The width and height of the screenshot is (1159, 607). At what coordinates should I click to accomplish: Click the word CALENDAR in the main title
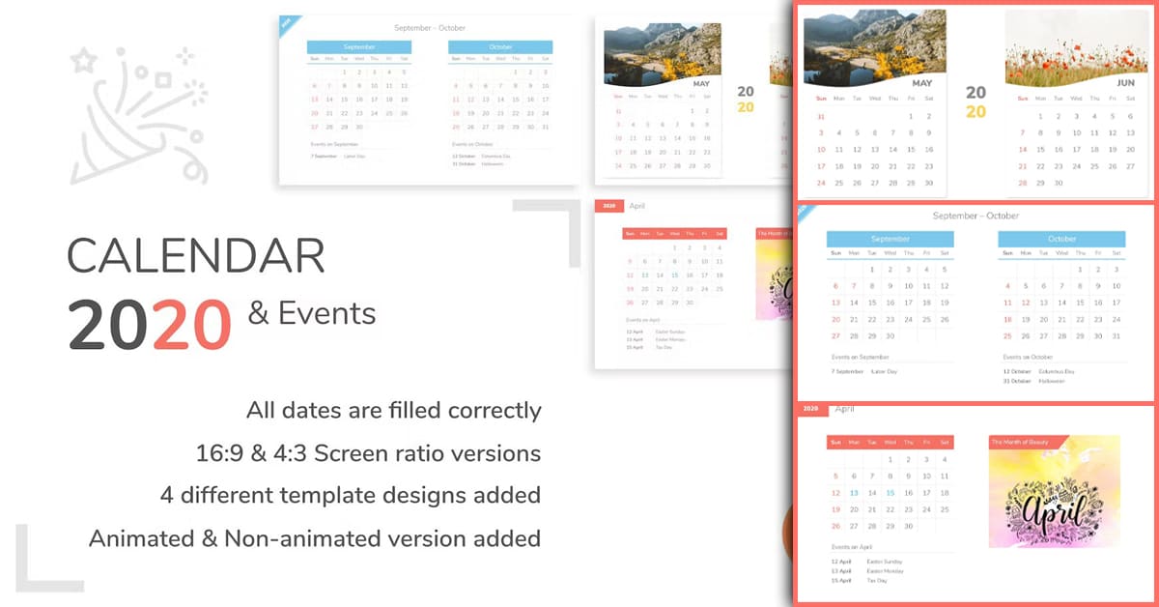click(195, 256)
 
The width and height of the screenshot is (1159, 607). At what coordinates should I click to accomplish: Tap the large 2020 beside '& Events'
click(150, 324)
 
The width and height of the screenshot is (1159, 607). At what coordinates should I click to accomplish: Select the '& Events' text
click(312, 312)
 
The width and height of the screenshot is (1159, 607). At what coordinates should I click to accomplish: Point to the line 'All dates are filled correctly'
click(393, 410)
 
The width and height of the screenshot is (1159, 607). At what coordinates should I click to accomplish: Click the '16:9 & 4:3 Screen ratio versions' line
click(367, 452)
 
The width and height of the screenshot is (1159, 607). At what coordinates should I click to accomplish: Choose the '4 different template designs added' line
click(350, 495)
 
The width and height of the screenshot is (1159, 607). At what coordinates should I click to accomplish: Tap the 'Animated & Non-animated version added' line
click(314, 537)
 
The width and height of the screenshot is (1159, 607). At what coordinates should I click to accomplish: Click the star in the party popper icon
click(85, 61)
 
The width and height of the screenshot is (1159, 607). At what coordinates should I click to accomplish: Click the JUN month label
click(1125, 83)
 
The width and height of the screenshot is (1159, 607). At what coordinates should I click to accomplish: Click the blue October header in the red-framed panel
click(1061, 239)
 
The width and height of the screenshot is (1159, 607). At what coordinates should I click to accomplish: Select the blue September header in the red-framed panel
click(890, 239)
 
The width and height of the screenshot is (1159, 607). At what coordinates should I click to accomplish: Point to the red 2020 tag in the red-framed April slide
click(811, 409)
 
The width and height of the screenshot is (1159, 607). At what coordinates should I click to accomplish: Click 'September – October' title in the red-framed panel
click(975, 216)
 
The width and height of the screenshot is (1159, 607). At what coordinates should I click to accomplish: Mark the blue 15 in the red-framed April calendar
click(890, 492)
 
